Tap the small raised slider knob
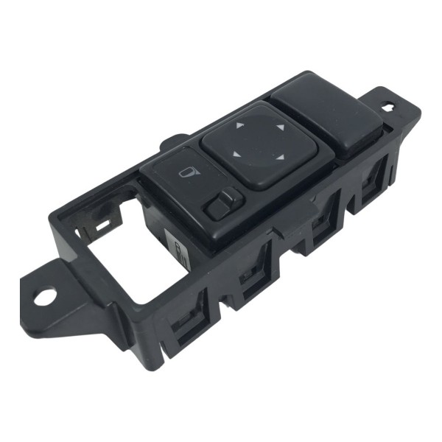[222, 202]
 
